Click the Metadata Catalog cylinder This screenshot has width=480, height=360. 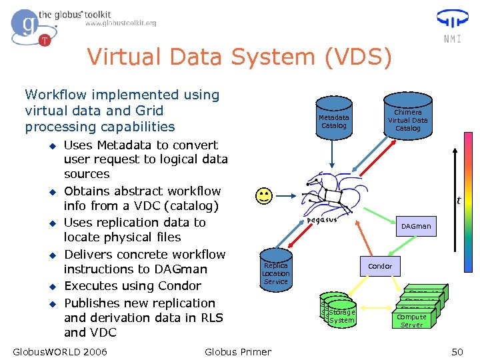[x=334, y=121]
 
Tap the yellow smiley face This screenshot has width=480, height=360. [x=264, y=196]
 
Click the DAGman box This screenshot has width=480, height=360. [x=416, y=226]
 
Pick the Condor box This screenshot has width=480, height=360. [x=380, y=266]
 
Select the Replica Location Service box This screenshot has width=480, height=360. [x=275, y=273]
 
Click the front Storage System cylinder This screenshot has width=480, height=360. [x=342, y=316]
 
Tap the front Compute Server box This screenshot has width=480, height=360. [x=411, y=321]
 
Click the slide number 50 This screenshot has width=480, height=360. [x=457, y=351]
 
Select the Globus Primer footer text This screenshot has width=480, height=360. [x=238, y=351]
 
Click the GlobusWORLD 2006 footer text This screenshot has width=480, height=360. [x=60, y=351]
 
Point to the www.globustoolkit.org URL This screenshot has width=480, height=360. [x=121, y=23]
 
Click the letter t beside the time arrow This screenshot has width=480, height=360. [x=459, y=200]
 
